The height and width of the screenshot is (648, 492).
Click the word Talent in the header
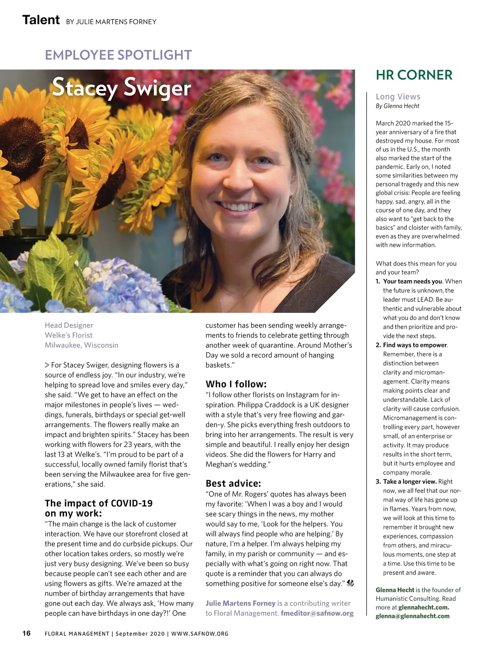pyautogui.click(x=41, y=20)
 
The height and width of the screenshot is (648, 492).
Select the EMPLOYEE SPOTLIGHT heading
pyautogui.click(x=118, y=55)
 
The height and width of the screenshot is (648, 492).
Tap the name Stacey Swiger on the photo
pyautogui.click(x=121, y=88)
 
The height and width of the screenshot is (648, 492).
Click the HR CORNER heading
pyautogui.click(x=414, y=75)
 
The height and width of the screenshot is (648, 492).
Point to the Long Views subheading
pyautogui.click(x=398, y=97)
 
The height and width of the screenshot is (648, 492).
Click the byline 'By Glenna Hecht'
pyautogui.click(x=397, y=106)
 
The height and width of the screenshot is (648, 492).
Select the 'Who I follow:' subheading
pyautogui.click(x=236, y=384)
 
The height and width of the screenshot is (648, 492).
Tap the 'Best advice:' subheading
pyautogui.click(x=233, y=483)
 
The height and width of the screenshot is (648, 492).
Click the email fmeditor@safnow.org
pyautogui.click(x=317, y=613)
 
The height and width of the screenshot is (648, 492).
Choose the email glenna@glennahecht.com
pyautogui.click(x=412, y=616)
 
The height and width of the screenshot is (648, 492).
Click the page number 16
pyautogui.click(x=26, y=633)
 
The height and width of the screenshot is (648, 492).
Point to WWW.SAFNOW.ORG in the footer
pyautogui.click(x=200, y=634)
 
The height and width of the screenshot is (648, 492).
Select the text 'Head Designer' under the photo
pyautogui.click(x=69, y=325)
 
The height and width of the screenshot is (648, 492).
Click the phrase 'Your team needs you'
pyautogui.click(x=412, y=281)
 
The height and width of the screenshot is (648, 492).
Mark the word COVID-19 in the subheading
pyautogui.click(x=132, y=503)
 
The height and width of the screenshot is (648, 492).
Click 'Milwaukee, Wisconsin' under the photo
pyautogui.click(x=82, y=345)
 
